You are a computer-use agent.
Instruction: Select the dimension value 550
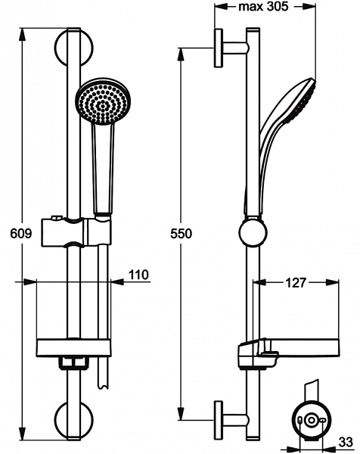pyautogui.click(x=181, y=235)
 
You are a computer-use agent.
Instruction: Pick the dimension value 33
pyautogui.click(x=345, y=440)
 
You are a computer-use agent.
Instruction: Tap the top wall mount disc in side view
pyautogui.click(x=219, y=48)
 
